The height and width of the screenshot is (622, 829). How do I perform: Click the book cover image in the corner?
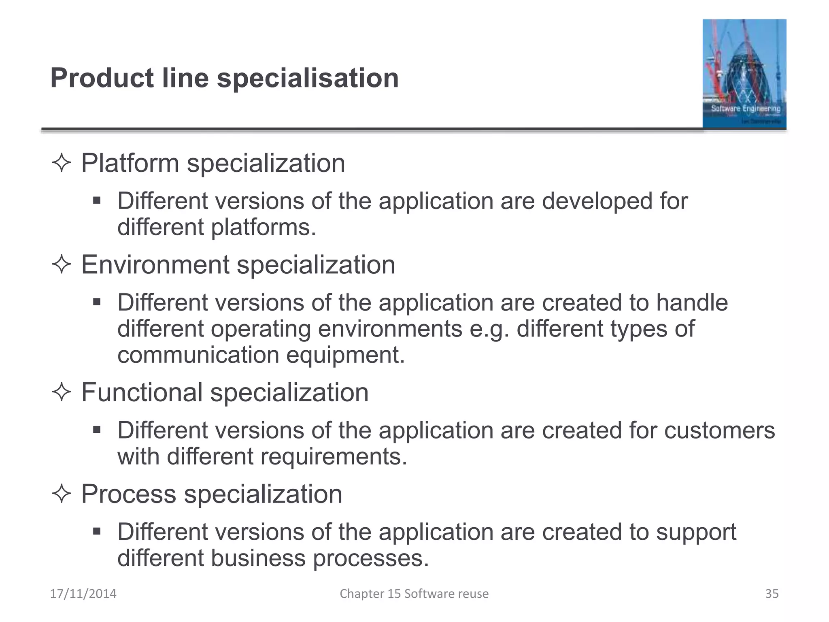(x=744, y=74)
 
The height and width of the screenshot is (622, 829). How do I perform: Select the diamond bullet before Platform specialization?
(x=62, y=163)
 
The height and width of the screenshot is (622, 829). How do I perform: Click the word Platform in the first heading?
(x=130, y=163)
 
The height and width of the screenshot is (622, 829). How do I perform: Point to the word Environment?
(x=155, y=265)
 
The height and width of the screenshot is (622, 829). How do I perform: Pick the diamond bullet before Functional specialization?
(x=62, y=392)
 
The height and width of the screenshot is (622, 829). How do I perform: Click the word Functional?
(x=142, y=392)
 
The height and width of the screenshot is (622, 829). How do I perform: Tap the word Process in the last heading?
(x=129, y=494)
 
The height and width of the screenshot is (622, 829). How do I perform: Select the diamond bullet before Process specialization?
(x=62, y=494)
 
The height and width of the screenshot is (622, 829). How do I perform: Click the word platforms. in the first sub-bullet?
(x=263, y=227)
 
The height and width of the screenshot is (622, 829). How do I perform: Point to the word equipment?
(x=345, y=355)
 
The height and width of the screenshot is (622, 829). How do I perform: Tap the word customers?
(x=719, y=430)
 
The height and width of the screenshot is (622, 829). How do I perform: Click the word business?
(x=258, y=558)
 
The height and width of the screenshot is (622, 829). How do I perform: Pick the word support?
(x=696, y=532)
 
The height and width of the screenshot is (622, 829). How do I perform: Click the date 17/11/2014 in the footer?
(x=83, y=594)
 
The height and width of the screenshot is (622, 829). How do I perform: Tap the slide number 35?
(x=772, y=594)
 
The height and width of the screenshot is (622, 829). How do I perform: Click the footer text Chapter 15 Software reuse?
(x=414, y=594)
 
